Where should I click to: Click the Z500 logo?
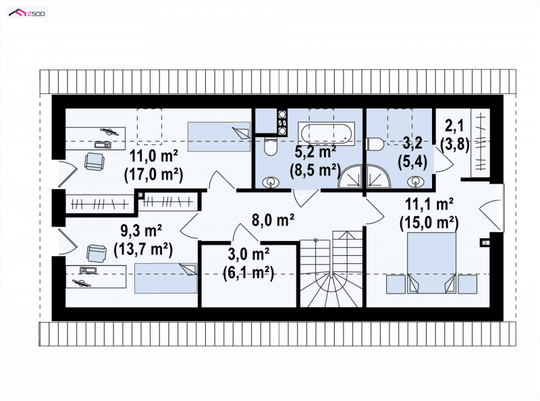[x=27, y=13]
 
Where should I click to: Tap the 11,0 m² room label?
[x=154, y=156]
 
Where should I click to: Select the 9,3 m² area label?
[x=141, y=230]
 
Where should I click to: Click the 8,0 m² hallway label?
[x=273, y=220]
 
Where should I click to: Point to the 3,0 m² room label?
[x=248, y=255]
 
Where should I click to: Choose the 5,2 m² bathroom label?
[x=316, y=151]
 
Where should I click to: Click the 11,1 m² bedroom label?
[x=429, y=205]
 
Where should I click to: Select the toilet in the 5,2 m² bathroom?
[x=271, y=146]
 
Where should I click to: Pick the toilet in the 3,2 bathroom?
[x=375, y=144]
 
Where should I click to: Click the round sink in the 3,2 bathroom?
[x=416, y=181]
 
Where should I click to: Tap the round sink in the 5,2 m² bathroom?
[x=271, y=182]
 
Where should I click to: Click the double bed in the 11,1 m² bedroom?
[x=432, y=263]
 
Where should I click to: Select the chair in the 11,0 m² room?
[x=94, y=161]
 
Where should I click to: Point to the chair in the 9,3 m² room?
[x=96, y=253]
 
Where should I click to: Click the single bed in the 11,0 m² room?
[x=219, y=136]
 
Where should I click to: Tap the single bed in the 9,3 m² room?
[x=165, y=278]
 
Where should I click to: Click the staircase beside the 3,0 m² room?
[x=331, y=269]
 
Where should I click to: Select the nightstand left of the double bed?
[x=396, y=284]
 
